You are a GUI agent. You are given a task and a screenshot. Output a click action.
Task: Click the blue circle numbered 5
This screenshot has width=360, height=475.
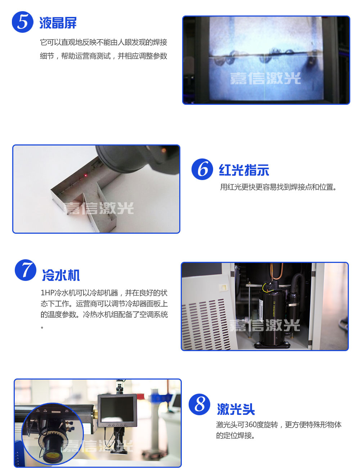(x=22, y=22)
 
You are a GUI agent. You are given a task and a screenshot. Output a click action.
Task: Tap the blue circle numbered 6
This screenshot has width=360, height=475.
(x=202, y=169)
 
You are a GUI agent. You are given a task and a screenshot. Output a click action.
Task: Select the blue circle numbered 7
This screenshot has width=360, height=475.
(x=26, y=270)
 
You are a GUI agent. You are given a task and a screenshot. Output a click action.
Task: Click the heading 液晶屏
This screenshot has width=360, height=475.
(x=58, y=23)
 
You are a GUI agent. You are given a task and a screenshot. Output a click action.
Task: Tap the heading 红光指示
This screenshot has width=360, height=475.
(x=244, y=170)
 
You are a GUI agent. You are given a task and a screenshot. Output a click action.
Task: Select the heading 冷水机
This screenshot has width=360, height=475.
(x=61, y=275)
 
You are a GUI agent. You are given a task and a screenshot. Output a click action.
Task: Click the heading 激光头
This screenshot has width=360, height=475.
(x=236, y=409)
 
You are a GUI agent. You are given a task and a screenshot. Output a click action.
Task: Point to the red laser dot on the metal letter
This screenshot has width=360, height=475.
(x=86, y=175)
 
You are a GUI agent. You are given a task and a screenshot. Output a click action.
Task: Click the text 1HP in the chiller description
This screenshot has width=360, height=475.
(x=48, y=293)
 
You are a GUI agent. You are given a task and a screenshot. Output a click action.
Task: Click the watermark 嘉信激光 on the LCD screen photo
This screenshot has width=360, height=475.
(x=265, y=79)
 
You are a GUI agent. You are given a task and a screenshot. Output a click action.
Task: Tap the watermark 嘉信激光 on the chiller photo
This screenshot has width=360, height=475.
(x=265, y=325)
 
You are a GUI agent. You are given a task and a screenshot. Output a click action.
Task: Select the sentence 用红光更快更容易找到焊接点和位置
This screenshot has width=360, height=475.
(x=278, y=187)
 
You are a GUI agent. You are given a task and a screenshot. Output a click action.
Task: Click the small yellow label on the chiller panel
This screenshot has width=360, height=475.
(x=223, y=287)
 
